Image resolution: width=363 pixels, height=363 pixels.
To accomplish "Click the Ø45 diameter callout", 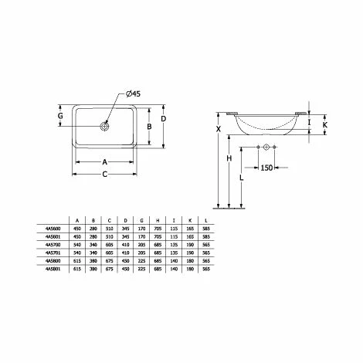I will point(132,94).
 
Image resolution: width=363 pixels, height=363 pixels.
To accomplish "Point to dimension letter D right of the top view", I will point(163,118).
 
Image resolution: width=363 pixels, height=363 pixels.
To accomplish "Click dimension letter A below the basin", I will point(106,163).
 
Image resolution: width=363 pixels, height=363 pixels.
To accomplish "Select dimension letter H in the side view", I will point(229,158).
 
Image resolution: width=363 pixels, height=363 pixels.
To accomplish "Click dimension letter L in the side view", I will point(243,177).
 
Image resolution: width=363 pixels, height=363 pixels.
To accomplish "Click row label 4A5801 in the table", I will point(52,270).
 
